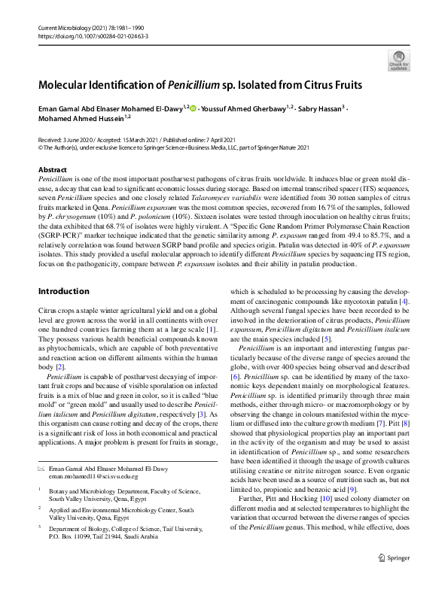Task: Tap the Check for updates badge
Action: click(x=398, y=60)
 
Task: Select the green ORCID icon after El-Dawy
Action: click(x=194, y=108)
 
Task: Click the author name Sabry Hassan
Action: click(x=319, y=108)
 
